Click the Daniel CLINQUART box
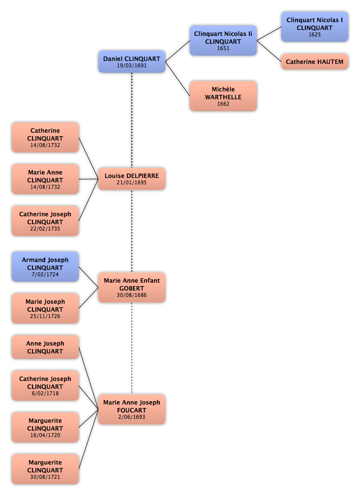point(131,61)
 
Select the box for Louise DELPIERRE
point(132,178)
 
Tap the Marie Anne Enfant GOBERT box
point(132,288)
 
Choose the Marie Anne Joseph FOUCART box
point(132,409)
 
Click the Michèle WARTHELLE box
point(223,96)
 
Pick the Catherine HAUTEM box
point(315,62)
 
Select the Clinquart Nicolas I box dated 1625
point(315,27)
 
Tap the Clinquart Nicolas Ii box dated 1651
point(223,41)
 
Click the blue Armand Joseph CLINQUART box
point(45,267)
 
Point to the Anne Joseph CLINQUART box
point(45,347)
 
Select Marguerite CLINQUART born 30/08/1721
point(45,470)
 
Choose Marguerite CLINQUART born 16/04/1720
point(45,428)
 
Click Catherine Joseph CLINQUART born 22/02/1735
point(45,221)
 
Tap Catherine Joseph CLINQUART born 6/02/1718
point(45,386)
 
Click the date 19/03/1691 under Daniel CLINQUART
point(132,66)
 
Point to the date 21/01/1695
point(132,183)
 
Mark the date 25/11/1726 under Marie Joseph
point(45,316)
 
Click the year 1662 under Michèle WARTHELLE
point(223,104)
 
